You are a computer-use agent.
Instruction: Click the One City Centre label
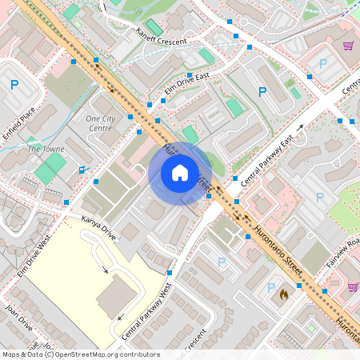point(100,123)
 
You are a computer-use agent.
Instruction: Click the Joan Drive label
point(18,317)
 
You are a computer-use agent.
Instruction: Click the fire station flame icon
point(282,294)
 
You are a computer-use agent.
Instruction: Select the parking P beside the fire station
point(270,287)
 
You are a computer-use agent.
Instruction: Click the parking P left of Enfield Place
point(14,84)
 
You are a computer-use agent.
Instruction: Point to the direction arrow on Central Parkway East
point(299,128)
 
